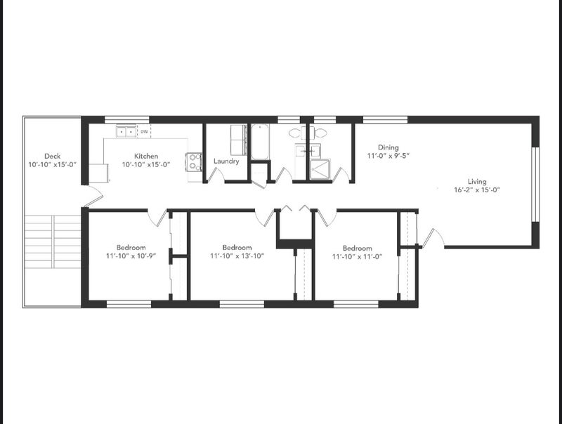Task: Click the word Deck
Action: click(x=52, y=156)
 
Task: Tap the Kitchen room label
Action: click(x=146, y=156)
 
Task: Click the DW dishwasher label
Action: click(x=144, y=132)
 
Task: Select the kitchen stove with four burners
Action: click(x=194, y=161)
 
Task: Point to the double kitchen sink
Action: click(x=126, y=131)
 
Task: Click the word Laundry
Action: click(x=226, y=161)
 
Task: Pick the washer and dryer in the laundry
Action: click(x=238, y=140)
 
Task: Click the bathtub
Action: click(x=260, y=142)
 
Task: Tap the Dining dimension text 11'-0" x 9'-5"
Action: click(x=388, y=156)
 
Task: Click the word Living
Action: click(x=477, y=181)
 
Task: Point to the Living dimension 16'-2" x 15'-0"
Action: click(x=477, y=190)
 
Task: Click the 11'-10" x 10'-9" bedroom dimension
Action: click(x=131, y=256)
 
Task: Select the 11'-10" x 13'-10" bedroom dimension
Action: click(x=237, y=256)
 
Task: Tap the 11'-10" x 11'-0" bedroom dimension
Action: click(x=357, y=256)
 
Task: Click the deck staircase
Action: click(x=53, y=241)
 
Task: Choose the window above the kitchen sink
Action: click(x=126, y=119)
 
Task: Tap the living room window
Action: click(x=535, y=185)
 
